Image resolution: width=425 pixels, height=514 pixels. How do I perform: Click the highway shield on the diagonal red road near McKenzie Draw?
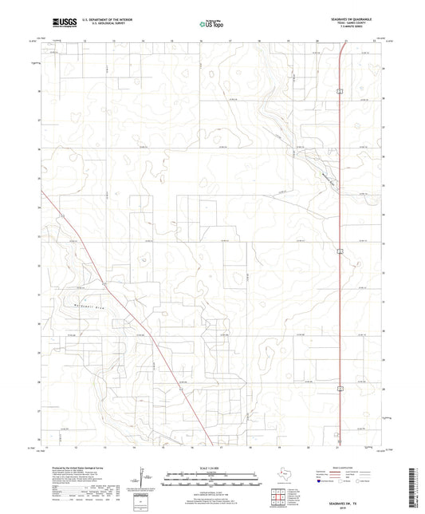click(104, 283)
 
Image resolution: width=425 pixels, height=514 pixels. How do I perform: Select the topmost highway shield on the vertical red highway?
click(339, 93)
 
